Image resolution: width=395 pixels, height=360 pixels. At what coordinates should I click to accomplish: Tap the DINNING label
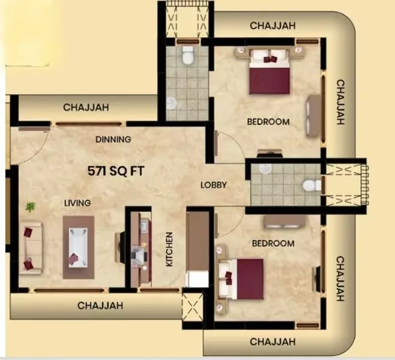[x=113, y=140]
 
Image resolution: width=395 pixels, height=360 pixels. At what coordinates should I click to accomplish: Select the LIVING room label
[x=77, y=203]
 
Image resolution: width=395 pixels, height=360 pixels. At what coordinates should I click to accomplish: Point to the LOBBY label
[x=213, y=185]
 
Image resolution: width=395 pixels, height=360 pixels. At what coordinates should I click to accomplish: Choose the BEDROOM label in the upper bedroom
[x=268, y=122]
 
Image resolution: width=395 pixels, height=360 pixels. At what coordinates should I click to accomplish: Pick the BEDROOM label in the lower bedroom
[x=273, y=244]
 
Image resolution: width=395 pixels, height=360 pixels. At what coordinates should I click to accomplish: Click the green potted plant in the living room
[x=30, y=207]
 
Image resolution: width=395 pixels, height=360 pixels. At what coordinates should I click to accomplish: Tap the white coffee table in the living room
[x=78, y=246]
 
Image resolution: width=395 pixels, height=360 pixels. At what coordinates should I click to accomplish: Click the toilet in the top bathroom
[x=187, y=55]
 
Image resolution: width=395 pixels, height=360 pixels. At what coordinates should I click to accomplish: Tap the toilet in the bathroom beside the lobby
[x=308, y=185]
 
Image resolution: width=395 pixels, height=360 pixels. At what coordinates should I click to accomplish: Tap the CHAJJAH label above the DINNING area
[x=86, y=107]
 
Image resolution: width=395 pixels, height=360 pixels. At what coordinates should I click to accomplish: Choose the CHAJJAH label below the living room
[x=100, y=305]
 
